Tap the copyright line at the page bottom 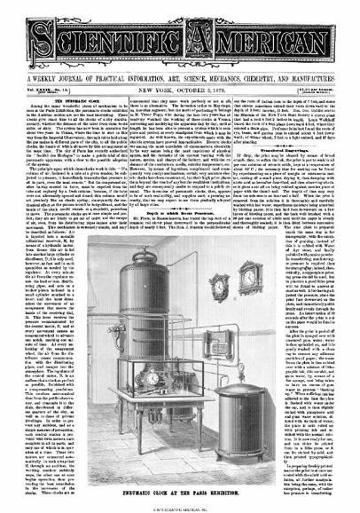(x=180, y=509)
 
